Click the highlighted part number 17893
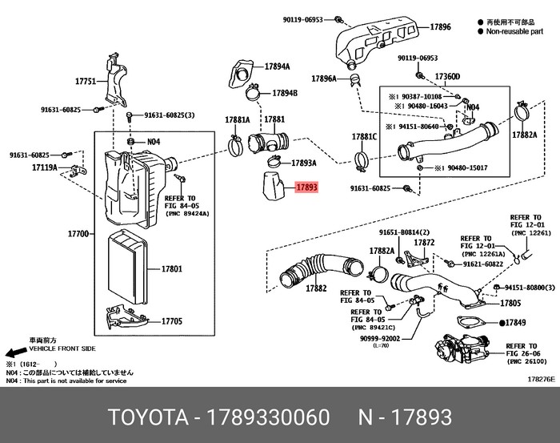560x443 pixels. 307,188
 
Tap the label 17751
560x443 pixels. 86,82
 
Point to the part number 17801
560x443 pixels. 173,269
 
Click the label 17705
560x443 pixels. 173,321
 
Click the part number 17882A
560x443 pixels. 524,135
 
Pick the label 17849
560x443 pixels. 514,323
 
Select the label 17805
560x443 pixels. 510,304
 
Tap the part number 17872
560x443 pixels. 424,242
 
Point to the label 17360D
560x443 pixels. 447,77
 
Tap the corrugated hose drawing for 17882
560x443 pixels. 317,268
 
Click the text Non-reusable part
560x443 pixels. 514,34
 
